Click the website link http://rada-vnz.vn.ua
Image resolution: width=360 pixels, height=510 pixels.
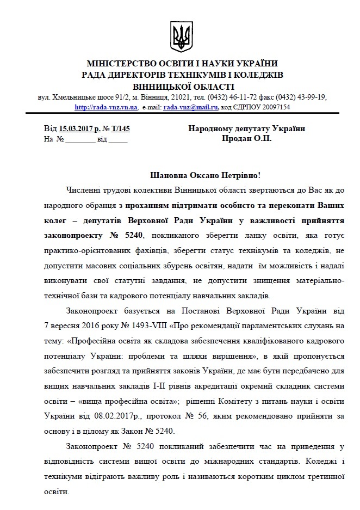tap(102, 107)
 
